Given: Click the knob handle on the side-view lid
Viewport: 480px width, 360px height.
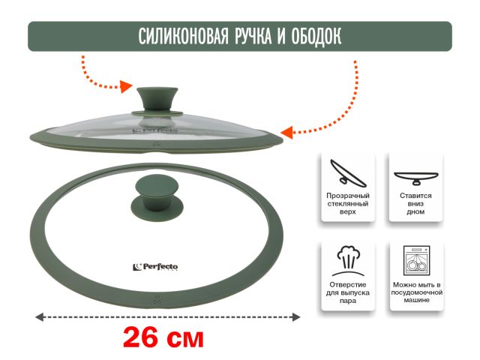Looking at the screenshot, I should pyautogui.click(x=157, y=100).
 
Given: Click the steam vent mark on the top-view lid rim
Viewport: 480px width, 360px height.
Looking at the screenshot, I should pyautogui.click(x=155, y=301).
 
